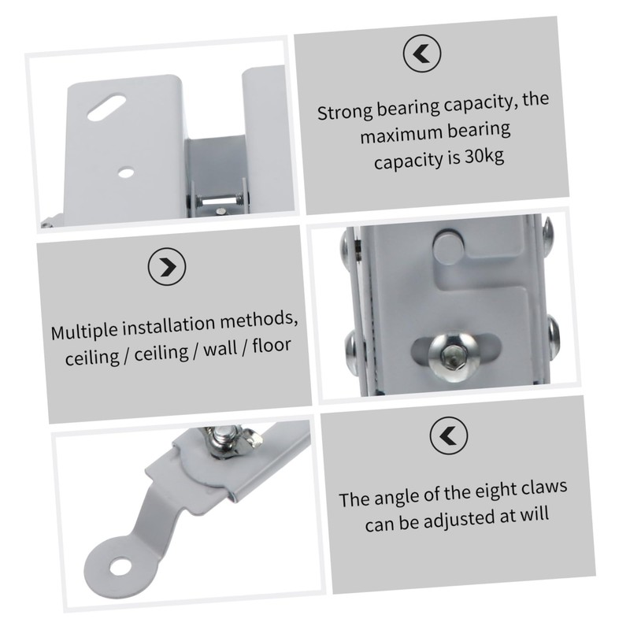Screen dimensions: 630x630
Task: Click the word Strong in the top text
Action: coord(344,111)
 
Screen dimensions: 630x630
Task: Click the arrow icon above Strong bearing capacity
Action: coord(421,54)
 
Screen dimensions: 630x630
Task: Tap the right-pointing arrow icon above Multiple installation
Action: coord(167,268)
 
